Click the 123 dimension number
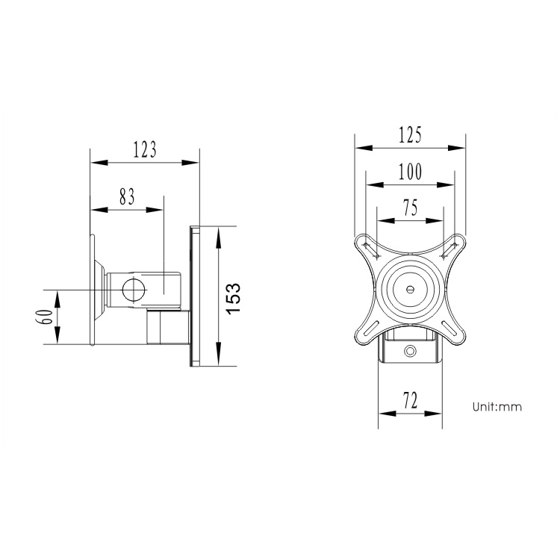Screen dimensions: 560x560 [x=145, y=150]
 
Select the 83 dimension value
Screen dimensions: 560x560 [x=127, y=197]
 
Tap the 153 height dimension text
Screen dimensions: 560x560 [x=233, y=299]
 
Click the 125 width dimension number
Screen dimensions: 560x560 [x=410, y=134]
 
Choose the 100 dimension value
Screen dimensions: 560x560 [x=410, y=172]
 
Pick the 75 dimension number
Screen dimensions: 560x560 [x=410, y=208]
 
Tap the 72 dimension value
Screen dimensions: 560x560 [x=410, y=401]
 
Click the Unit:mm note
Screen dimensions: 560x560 [x=497, y=407]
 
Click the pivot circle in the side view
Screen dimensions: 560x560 [x=134, y=290]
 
